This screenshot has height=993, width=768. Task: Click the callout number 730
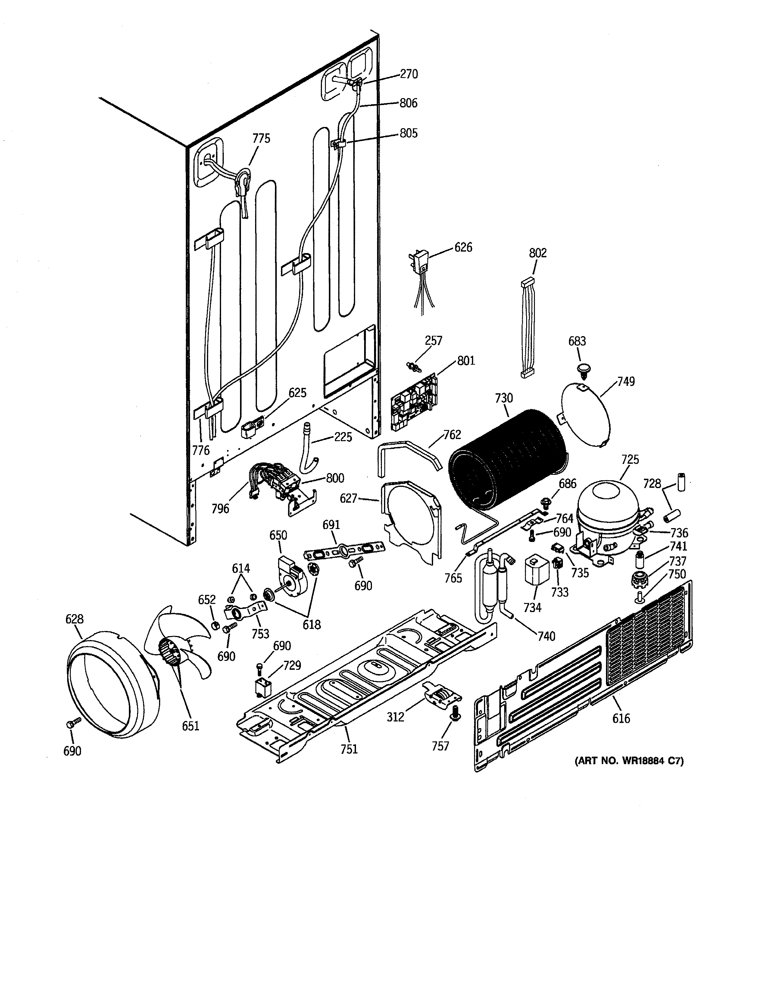(x=504, y=398)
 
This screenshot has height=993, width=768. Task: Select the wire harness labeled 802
(x=528, y=327)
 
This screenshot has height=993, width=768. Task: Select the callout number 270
(x=409, y=74)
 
